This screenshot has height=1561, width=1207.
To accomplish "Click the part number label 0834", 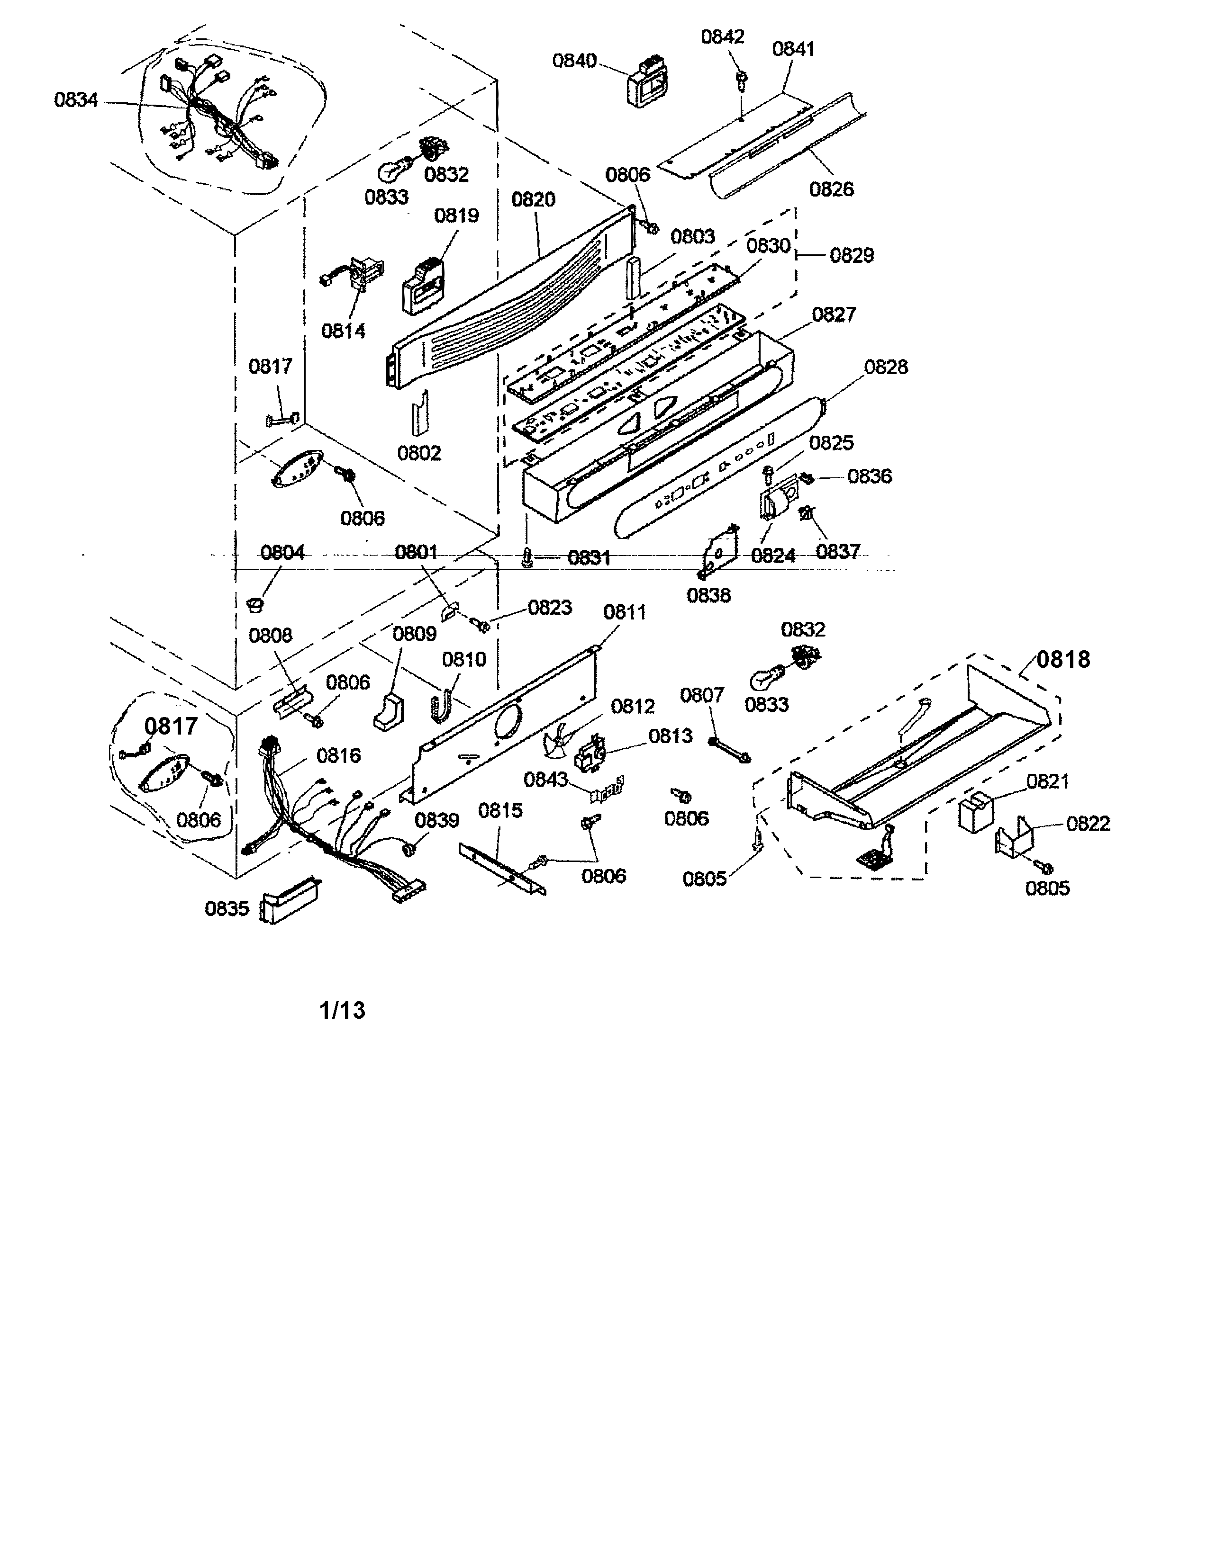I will click(76, 100).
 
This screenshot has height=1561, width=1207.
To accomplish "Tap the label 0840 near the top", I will click(574, 61).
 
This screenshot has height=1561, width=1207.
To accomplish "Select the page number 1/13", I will click(342, 1010).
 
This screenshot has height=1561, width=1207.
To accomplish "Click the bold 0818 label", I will click(1063, 659).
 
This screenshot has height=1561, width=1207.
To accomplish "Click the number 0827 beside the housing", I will click(834, 314).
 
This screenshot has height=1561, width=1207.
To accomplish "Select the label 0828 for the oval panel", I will click(886, 368).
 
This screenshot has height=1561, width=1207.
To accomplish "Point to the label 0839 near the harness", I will click(437, 820).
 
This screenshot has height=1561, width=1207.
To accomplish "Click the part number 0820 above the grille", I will click(534, 199).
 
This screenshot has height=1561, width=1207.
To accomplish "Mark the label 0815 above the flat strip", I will click(500, 810).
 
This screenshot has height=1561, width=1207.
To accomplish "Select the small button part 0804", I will click(254, 605).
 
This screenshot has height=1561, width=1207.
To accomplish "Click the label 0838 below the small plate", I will click(708, 595).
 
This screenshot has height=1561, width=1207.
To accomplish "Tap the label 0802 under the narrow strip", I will click(419, 453).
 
